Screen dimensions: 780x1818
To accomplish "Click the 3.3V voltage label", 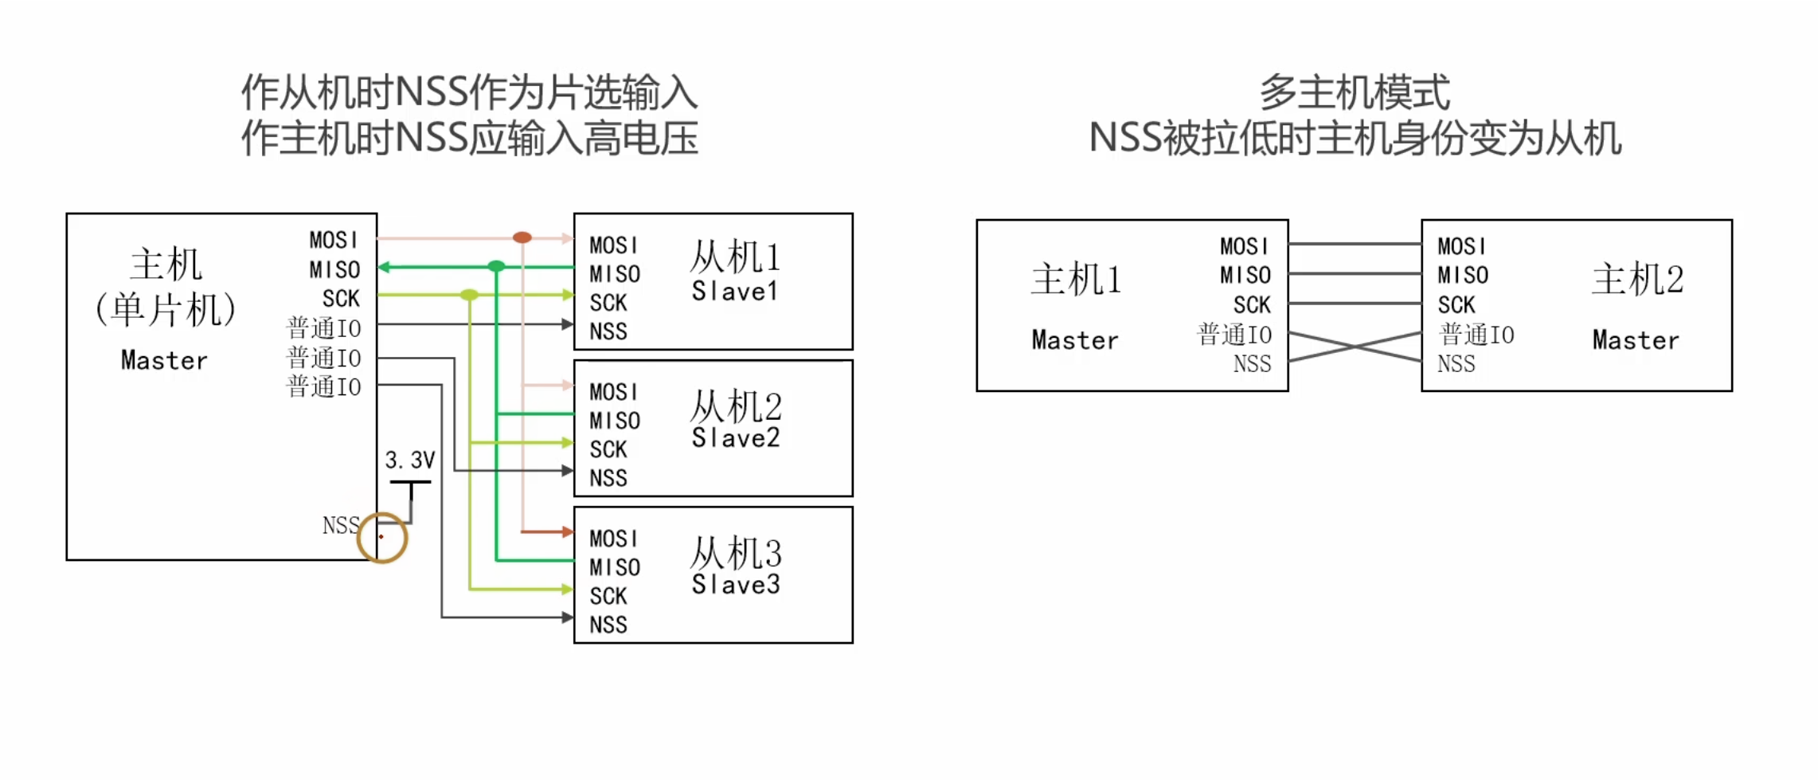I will [x=410, y=460].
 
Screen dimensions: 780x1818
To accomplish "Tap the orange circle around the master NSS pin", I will [x=382, y=538].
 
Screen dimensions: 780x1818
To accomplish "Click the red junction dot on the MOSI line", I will [x=522, y=237].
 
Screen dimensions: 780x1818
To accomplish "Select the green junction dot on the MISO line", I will [x=496, y=266].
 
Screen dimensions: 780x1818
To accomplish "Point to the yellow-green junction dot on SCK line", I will [x=469, y=295].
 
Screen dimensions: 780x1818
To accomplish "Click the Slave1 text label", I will [x=734, y=292].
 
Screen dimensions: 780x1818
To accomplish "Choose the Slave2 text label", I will [x=735, y=438].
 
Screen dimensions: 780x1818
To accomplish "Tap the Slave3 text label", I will [x=735, y=585].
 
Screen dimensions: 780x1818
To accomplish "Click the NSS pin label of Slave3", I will [x=608, y=625].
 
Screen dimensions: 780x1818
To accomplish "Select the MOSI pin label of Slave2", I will [x=613, y=392].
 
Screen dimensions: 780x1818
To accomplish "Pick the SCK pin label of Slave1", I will [x=608, y=303].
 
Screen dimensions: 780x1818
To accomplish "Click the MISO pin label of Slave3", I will [x=615, y=567].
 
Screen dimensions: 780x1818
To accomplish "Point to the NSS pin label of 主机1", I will [x=1252, y=364].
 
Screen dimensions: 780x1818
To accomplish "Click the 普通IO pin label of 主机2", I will [x=1477, y=335].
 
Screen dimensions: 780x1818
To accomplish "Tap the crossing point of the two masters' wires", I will [x=1355, y=347].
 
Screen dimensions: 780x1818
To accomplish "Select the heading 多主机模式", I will [x=1355, y=92].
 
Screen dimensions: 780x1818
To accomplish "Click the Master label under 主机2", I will [x=1636, y=340].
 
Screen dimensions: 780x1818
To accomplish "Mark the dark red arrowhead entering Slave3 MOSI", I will [x=567, y=531].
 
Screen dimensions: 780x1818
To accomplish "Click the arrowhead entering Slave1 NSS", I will [x=567, y=324].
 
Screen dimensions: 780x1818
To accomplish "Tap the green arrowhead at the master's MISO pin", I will [x=384, y=267].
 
